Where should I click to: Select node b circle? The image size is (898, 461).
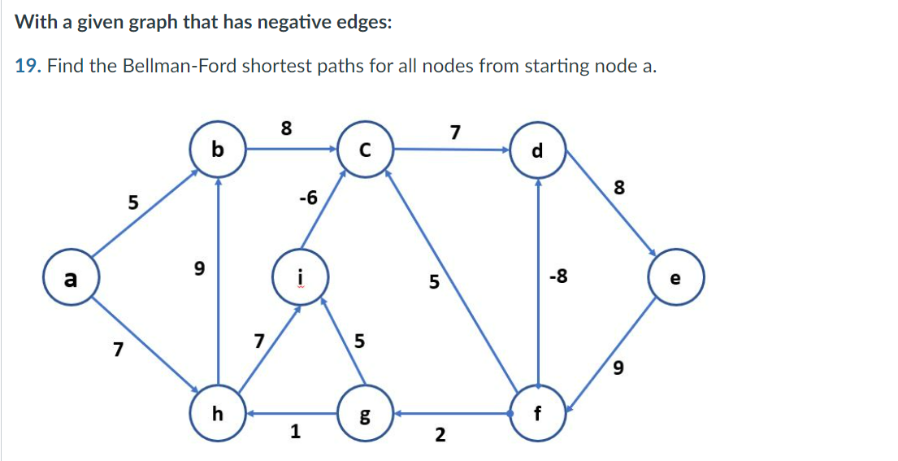click(x=217, y=150)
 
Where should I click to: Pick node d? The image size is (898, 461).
click(x=536, y=150)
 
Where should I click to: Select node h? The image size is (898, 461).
click(x=217, y=414)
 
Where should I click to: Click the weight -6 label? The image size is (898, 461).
click(x=308, y=197)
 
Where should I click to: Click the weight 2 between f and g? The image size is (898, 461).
click(x=440, y=435)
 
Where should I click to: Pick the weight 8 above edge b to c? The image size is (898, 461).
click(x=285, y=128)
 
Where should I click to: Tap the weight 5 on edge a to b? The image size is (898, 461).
click(x=133, y=201)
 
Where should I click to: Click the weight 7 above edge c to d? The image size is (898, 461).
click(x=455, y=131)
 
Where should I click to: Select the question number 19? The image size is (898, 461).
click(x=28, y=66)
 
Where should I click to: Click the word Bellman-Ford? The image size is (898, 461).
click(x=176, y=66)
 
